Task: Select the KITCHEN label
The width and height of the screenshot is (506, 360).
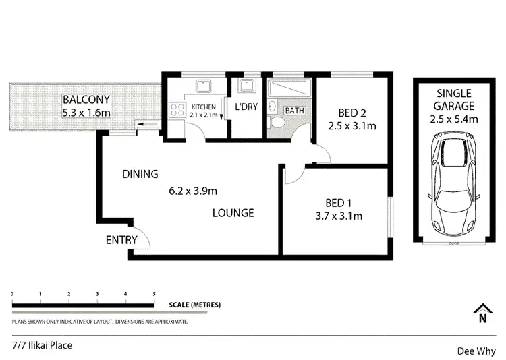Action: (203, 107)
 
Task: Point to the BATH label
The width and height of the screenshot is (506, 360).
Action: (293, 110)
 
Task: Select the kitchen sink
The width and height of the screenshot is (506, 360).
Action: (202, 86)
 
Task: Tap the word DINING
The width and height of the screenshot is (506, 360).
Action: (140, 174)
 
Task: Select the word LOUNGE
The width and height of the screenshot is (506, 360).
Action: (233, 213)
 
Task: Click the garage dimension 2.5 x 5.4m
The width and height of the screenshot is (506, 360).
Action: (453, 119)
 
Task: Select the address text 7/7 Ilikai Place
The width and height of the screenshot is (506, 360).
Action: (42, 345)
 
